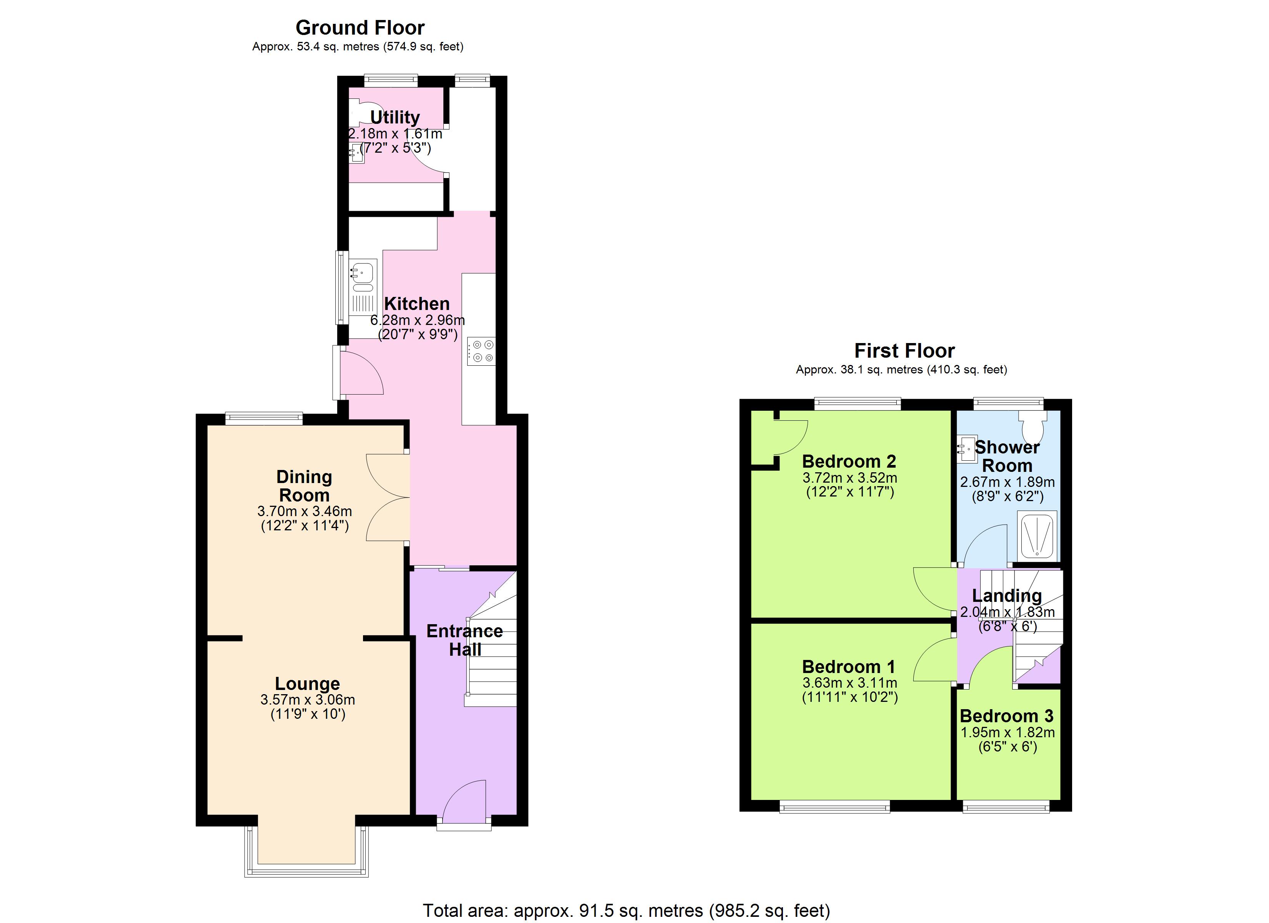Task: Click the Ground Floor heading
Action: [360, 27]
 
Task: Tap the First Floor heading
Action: [904, 351]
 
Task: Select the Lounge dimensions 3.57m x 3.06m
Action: [307, 700]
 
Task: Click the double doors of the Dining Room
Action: [387, 497]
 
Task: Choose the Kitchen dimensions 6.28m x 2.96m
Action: [417, 320]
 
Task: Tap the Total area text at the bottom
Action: [626, 911]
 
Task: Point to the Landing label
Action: [1007, 596]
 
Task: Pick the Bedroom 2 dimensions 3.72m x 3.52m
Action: [849, 478]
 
